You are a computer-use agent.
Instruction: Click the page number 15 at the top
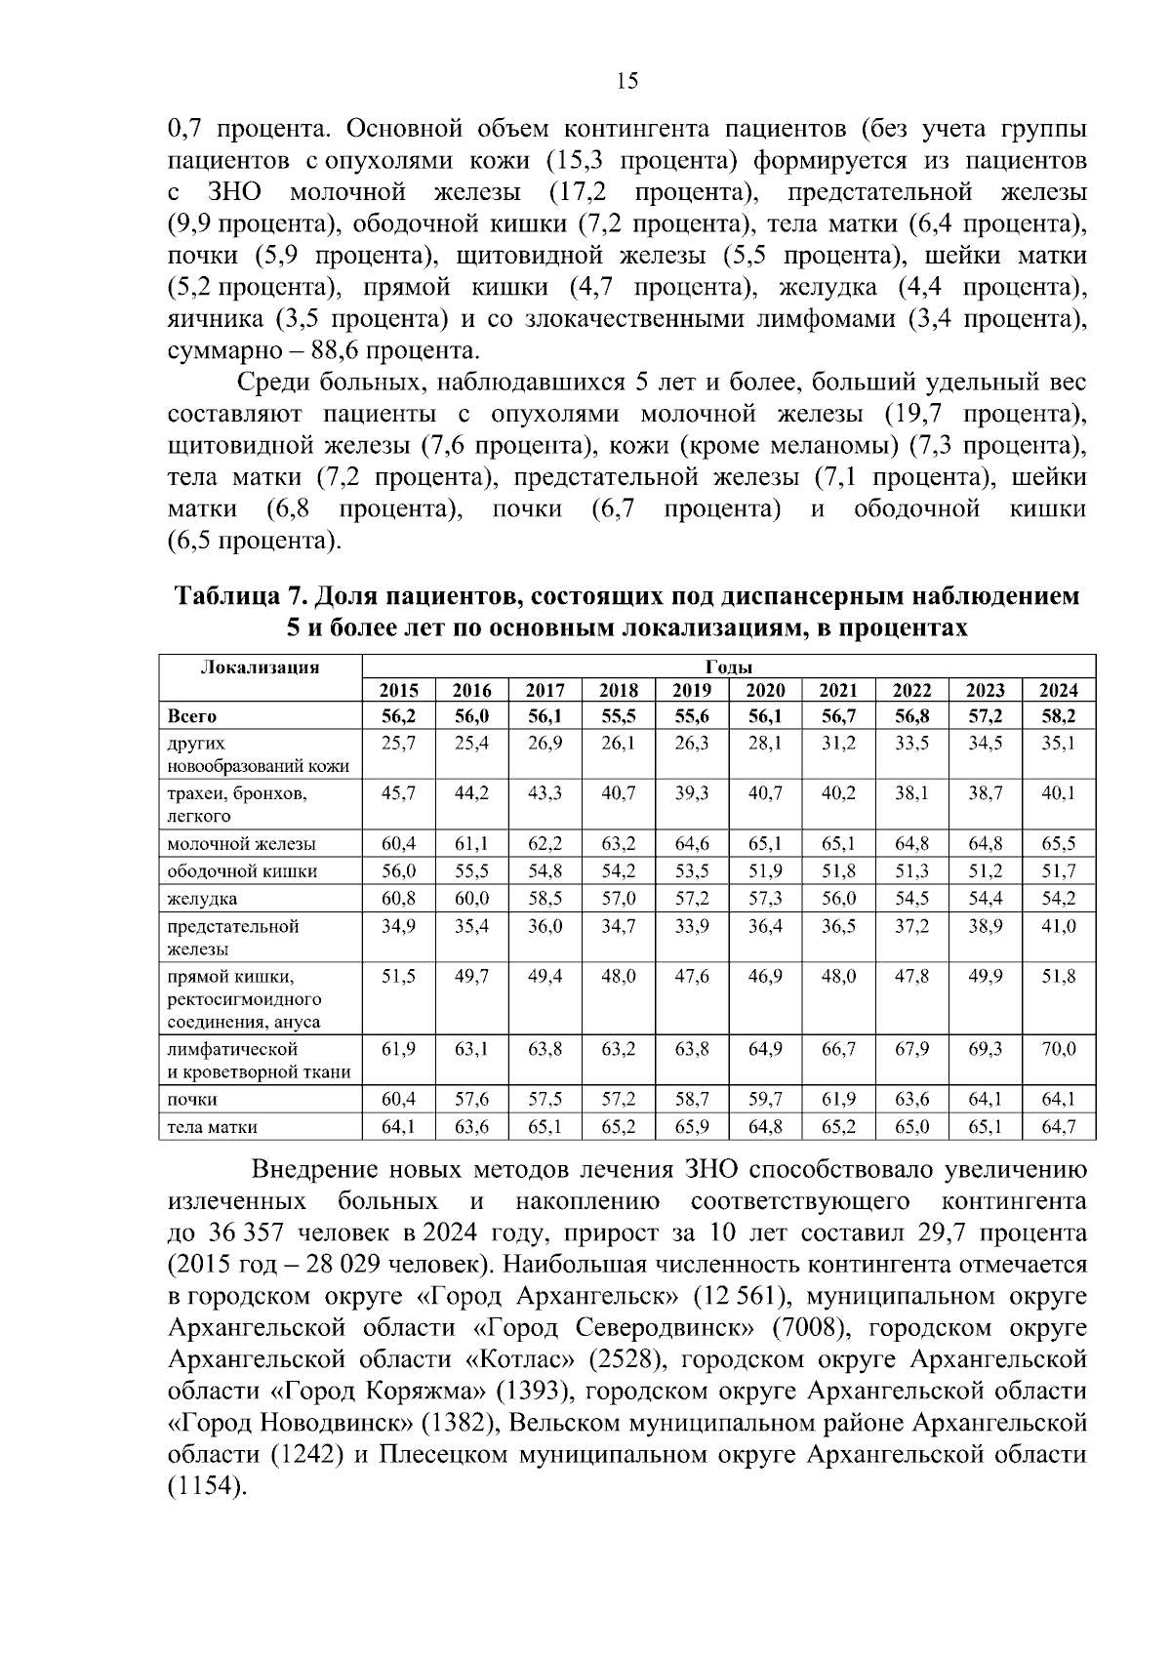click(x=627, y=81)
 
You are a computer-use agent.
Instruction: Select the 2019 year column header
click(x=692, y=691)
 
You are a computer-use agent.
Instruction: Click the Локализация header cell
click(x=260, y=667)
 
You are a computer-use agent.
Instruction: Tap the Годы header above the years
click(x=728, y=667)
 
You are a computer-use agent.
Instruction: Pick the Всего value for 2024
click(x=1059, y=716)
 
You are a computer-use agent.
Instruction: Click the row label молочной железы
click(x=242, y=844)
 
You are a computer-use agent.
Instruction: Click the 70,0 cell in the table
click(x=1059, y=1050)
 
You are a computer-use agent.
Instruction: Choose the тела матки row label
click(x=213, y=1127)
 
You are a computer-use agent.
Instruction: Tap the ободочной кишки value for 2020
click(x=765, y=871)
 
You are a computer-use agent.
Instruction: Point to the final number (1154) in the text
click(x=207, y=1486)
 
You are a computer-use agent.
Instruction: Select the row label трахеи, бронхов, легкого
click(x=237, y=804)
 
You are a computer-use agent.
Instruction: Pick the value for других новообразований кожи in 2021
click(x=838, y=744)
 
